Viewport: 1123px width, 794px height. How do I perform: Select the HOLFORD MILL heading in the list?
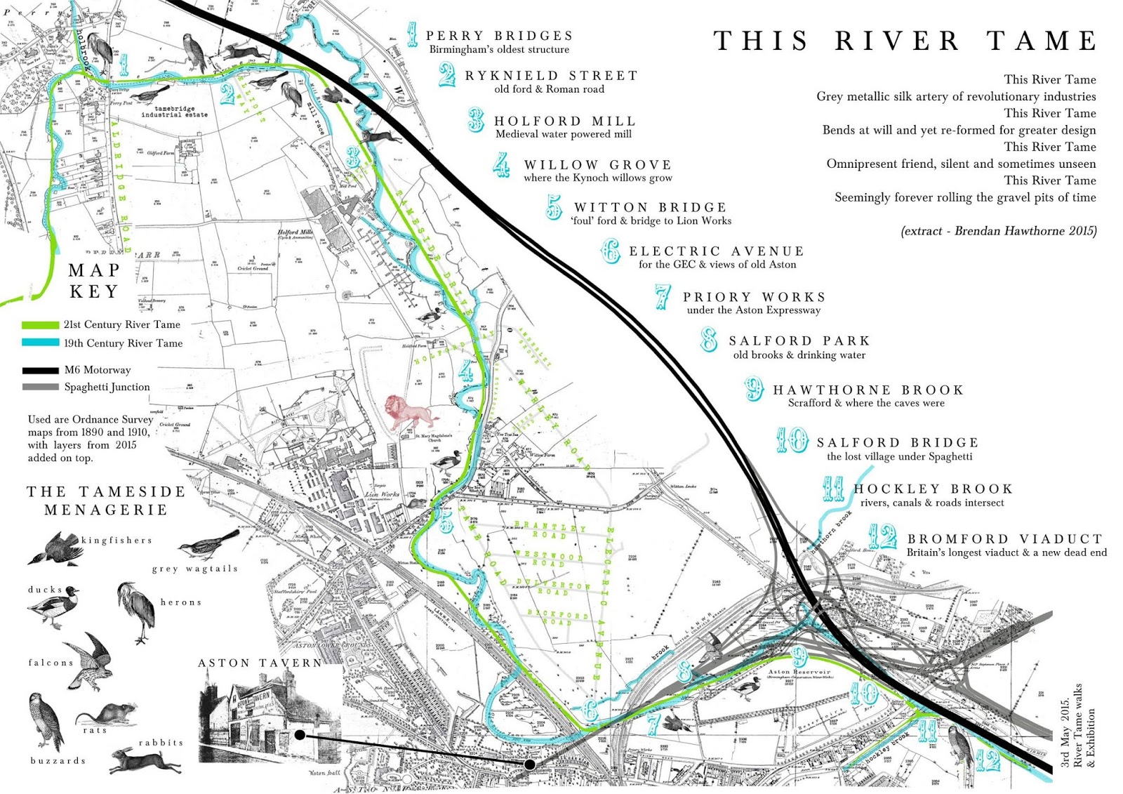(565, 121)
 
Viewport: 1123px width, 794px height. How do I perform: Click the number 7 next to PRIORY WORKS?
(662, 298)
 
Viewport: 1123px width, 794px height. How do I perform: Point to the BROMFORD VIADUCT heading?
(1005, 539)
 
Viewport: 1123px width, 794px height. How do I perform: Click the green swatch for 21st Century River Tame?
(40, 325)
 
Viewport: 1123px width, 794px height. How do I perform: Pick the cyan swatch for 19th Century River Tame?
(40, 343)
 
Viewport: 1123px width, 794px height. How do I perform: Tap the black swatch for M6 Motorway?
(40, 370)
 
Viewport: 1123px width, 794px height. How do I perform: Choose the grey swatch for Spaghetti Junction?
(40, 387)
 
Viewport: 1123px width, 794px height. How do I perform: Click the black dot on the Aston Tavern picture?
(300, 735)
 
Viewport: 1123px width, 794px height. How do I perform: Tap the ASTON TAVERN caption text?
(260, 663)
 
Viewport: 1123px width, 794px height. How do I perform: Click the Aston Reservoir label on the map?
(799, 672)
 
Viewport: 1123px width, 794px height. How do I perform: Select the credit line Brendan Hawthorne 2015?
(998, 231)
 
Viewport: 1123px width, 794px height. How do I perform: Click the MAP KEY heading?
(94, 281)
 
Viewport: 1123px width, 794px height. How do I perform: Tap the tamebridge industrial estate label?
(174, 112)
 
